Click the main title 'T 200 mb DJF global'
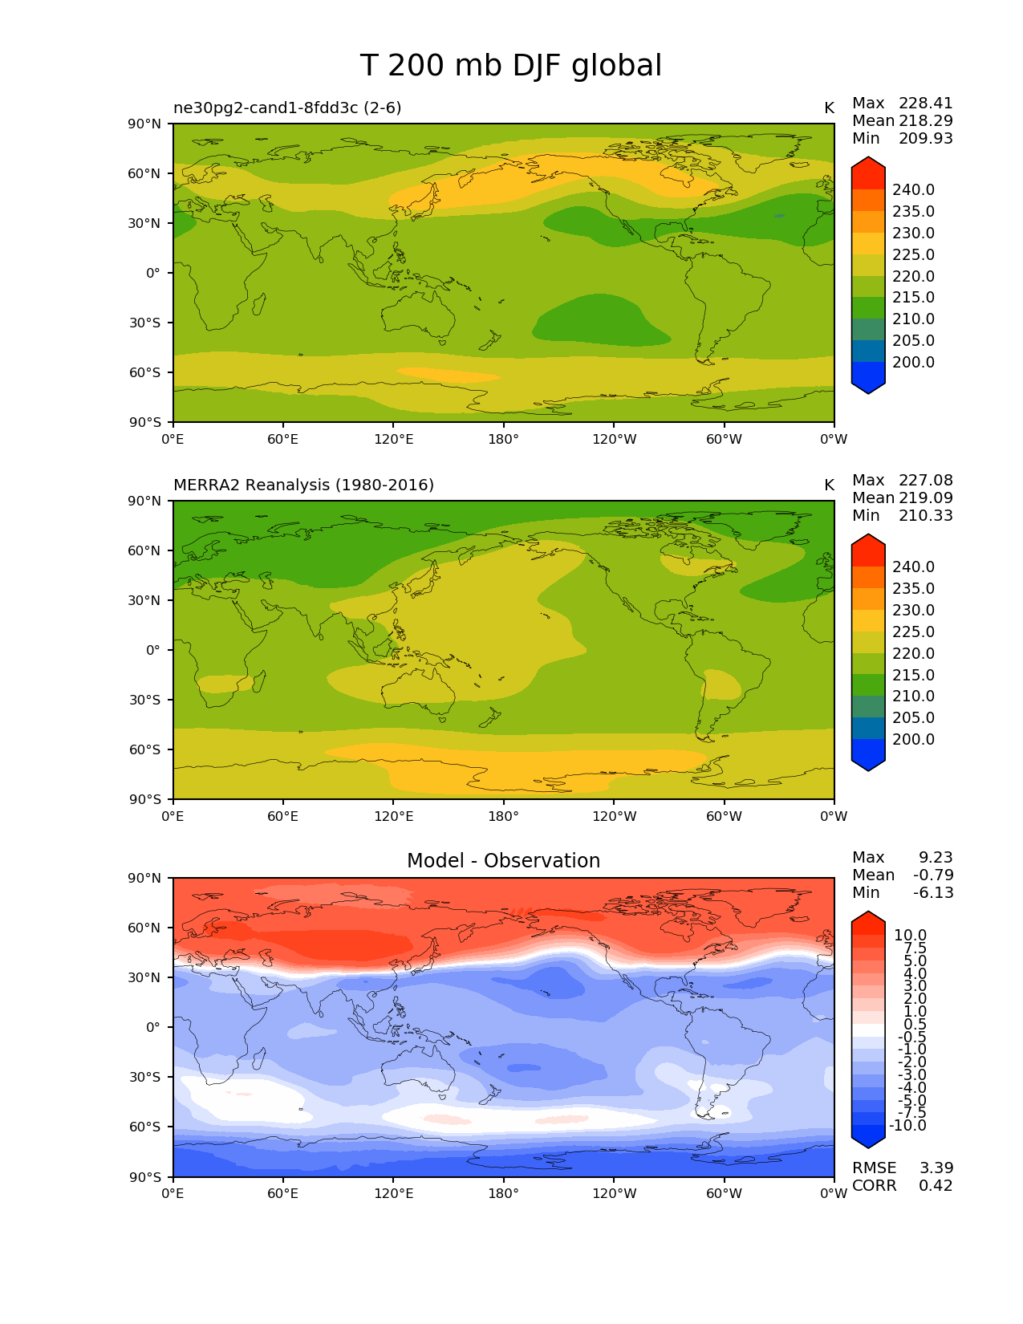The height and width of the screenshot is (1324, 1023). [511, 66]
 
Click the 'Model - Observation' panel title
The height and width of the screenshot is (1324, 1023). [503, 861]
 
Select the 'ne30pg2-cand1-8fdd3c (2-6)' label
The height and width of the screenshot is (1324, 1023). [287, 108]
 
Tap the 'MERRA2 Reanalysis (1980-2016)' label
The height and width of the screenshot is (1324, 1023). [303, 485]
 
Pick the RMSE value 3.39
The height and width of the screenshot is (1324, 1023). [936, 1168]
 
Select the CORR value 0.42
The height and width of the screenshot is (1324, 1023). [936, 1185]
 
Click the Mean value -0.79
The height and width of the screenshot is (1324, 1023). [933, 875]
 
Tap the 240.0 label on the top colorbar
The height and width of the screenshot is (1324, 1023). [913, 190]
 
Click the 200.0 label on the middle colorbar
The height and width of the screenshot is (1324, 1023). [913, 739]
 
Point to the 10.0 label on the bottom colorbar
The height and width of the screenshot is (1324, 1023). [910, 936]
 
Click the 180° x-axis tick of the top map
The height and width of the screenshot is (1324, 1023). [503, 439]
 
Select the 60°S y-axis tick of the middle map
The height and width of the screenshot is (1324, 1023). [147, 749]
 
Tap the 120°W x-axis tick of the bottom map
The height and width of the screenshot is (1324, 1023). [614, 1193]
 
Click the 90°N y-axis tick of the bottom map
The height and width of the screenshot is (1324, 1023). [147, 878]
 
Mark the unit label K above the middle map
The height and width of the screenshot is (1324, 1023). [829, 485]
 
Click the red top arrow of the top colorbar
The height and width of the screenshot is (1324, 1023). [868, 171]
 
